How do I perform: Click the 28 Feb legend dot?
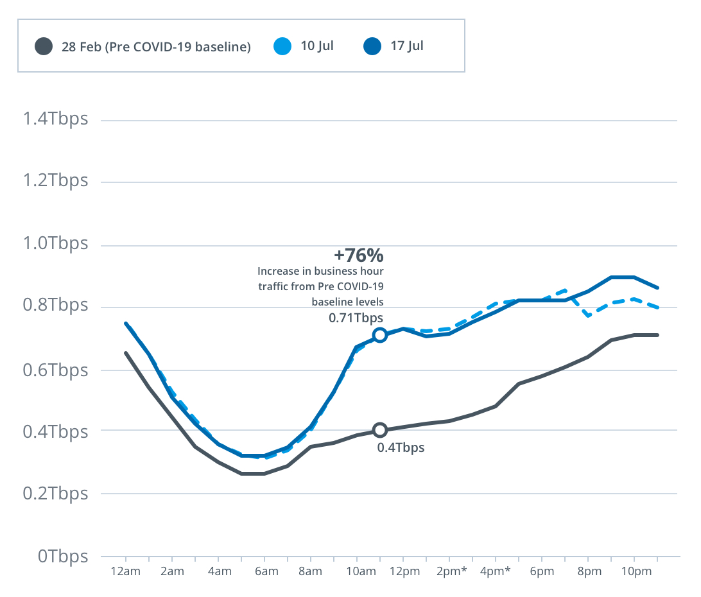coord(44,46)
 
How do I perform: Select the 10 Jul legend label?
coord(317,46)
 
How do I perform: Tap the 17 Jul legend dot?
coord(372,46)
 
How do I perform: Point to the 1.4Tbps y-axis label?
coord(55,119)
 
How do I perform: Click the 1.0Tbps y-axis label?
coord(55,245)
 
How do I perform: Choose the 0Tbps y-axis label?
coord(63,556)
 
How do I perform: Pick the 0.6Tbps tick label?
coord(55,370)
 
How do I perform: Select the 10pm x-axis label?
coord(634,572)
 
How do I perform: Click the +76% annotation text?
coord(359,255)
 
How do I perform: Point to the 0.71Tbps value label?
coord(356,317)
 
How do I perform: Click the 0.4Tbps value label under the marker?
coord(401,447)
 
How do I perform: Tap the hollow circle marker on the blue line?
coord(379,334)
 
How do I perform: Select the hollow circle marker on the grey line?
coord(379,429)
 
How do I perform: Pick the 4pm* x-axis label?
coord(496,572)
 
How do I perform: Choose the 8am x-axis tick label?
coord(310,572)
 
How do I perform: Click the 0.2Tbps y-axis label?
coord(55,494)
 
